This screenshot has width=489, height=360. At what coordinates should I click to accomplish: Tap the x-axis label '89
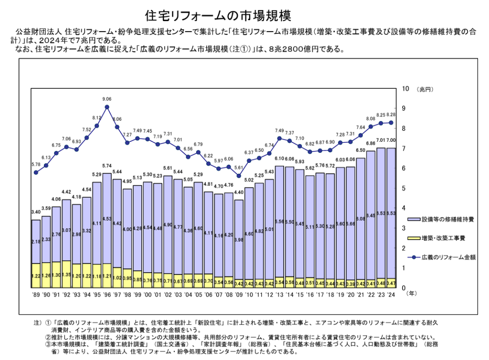point(36,295)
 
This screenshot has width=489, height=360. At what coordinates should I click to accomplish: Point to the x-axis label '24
point(391,295)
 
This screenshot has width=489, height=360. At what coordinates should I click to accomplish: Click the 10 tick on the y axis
point(406,89)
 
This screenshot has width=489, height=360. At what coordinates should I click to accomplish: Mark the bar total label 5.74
point(106,166)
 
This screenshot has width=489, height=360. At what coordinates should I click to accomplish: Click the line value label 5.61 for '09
point(239,168)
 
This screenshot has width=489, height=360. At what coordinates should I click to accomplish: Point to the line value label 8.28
point(391,115)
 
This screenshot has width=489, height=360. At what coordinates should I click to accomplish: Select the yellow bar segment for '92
point(66,274)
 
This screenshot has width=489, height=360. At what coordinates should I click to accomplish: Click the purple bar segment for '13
point(279,222)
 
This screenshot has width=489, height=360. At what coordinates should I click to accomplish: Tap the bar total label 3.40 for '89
point(36,212)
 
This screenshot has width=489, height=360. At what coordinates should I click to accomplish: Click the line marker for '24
point(391,122)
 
